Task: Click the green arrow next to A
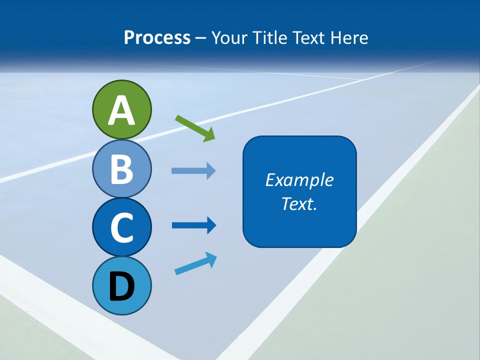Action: [195, 128]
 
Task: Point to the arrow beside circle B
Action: [193, 171]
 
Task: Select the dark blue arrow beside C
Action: [193, 225]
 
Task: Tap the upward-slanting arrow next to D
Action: [195, 263]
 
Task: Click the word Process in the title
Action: [157, 37]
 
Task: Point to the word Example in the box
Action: [299, 180]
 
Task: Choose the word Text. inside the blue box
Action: [299, 203]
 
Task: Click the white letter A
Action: [121, 110]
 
